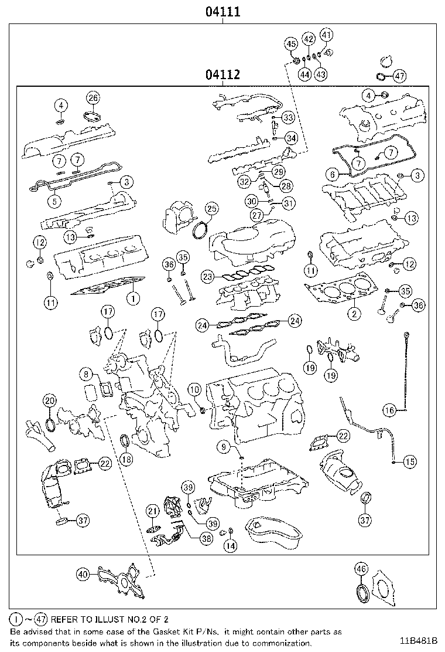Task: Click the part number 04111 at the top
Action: pyautogui.click(x=223, y=11)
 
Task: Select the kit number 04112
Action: pyautogui.click(x=223, y=74)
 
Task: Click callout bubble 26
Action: pyautogui.click(x=93, y=97)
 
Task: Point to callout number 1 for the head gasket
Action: pyautogui.click(x=133, y=298)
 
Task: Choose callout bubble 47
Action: pyautogui.click(x=399, y=76)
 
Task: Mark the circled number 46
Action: pyautogui.click(x=361, y=568)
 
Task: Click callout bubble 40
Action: pyautogui.click(x=83, y=575)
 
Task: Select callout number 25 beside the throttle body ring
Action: pyautogui.click(x=211, y=209)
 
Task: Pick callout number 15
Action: pyautogui.click(x=410, y=462)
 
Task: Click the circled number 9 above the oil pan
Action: pyautogui.click(x=223, y=447)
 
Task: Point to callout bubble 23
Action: pyautogui.click(x=207, y=276)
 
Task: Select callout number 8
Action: pyautogui.click(x=86, y=373)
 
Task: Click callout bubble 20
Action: pyautogui.click(x=50, y=401)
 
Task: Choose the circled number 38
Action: pyautogui.click(x=206, y=539)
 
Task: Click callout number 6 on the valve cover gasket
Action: pyautogui.click(x=332, y=174)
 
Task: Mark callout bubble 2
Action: pyautogui.click(x=354, y=314)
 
